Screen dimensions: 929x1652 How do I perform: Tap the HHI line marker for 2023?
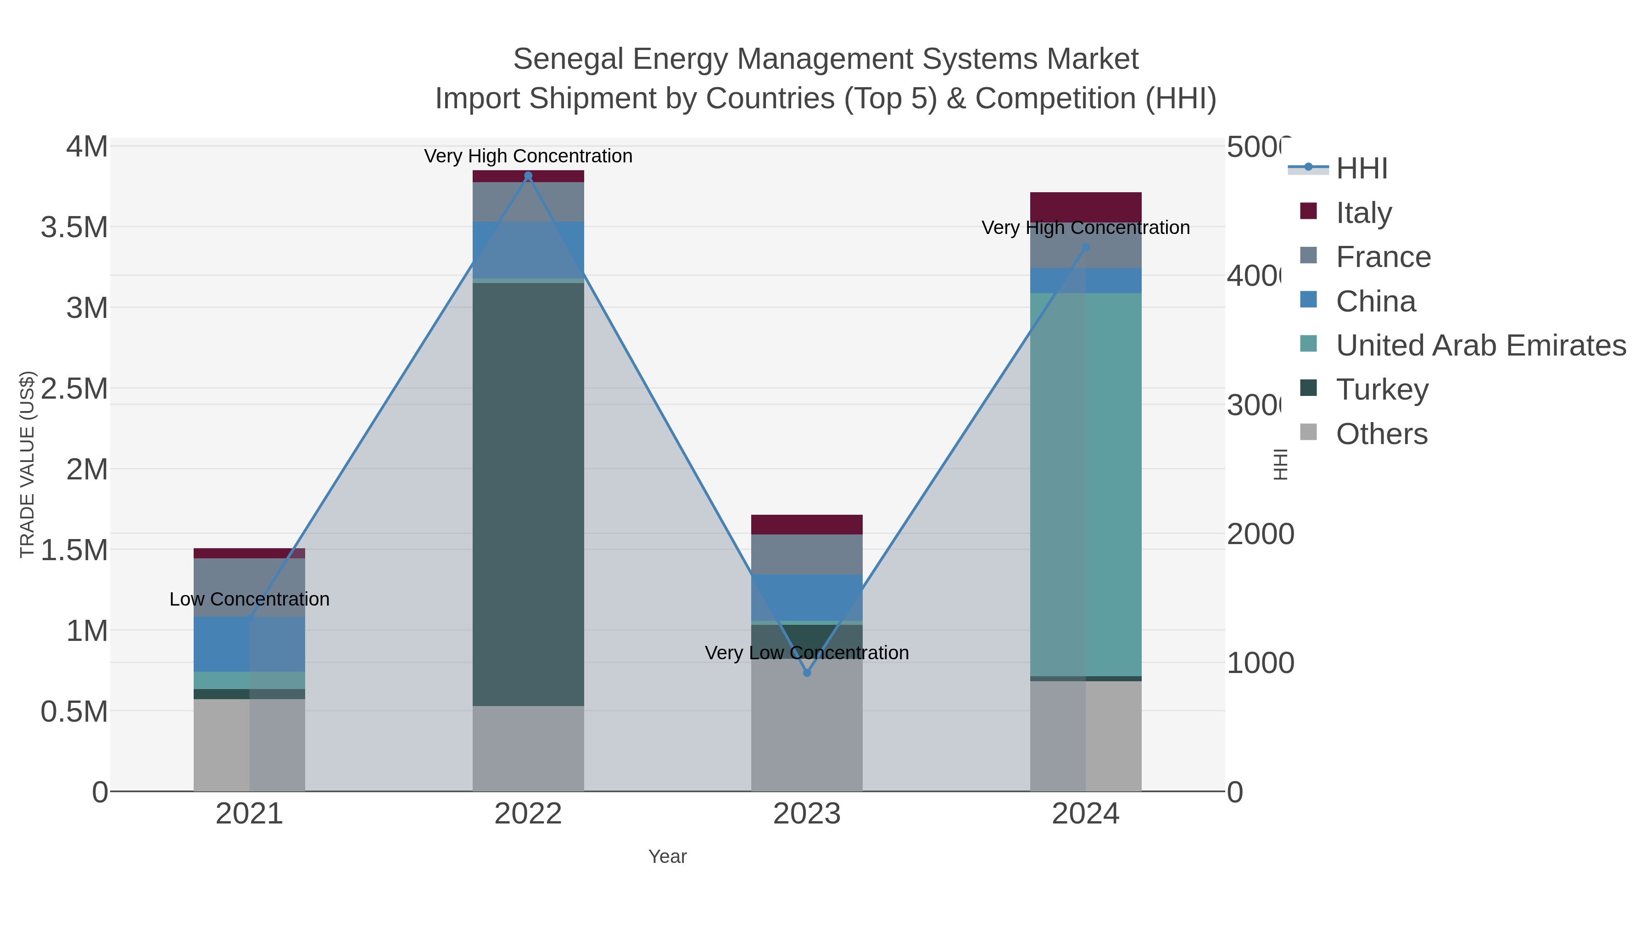point(807,673)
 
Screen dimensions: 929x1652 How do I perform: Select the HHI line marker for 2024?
point(1086,247)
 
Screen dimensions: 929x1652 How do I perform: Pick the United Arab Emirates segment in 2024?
point(1086,484)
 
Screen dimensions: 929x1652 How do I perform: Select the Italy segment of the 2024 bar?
point(1086,207)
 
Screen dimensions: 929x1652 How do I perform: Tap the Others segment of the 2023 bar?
point(807,724)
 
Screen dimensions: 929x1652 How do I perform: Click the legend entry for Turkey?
point(1382,389)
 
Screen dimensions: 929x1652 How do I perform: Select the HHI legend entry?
point(1362,168)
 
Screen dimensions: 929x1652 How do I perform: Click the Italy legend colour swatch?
point(1308,211)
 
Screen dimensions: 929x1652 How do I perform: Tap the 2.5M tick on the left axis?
point(74,389)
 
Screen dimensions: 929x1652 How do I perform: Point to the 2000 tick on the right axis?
point(1260,534)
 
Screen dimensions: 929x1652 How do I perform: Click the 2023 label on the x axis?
point(807,813)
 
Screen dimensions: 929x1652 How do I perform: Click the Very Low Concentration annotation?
point(807,653)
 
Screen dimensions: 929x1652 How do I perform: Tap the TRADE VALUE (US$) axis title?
point(27,464)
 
